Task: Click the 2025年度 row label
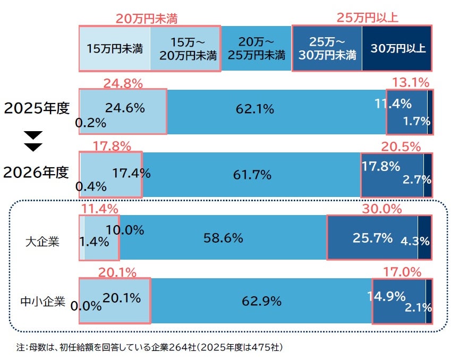37,108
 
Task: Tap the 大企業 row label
42,242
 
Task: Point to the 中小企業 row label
42,302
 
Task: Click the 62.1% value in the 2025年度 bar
254,110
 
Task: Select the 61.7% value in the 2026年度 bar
252,174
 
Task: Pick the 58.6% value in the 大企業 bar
223,238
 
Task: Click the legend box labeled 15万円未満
115,49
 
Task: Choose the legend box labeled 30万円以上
398,49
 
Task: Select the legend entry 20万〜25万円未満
256,49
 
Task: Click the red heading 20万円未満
146,18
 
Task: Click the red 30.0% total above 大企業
381,209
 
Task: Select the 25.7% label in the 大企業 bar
372,237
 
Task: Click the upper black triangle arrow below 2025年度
33,133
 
